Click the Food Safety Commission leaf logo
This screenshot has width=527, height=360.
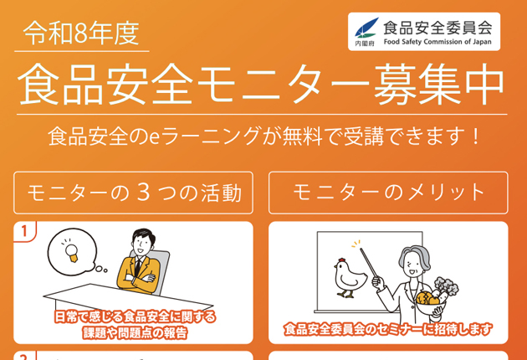(366, 28)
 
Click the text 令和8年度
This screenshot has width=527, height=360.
(81, 33)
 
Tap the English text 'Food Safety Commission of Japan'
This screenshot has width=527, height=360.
(437, 42)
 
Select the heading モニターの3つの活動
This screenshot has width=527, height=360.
(134, 193)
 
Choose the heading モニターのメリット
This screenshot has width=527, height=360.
(388, 193)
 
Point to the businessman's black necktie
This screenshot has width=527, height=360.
(137, 267)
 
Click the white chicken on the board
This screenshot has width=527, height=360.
(350, 278)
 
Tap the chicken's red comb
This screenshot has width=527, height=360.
(342, 260)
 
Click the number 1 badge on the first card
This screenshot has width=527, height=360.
(24, 231)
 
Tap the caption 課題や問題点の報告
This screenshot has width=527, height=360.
(135, 333)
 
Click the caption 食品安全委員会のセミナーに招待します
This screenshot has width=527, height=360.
(388, 329)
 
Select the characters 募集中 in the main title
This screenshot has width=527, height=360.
(438, 84)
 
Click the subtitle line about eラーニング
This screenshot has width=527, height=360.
(263, 136)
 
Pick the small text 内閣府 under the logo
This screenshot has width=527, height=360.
(365, 44)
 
